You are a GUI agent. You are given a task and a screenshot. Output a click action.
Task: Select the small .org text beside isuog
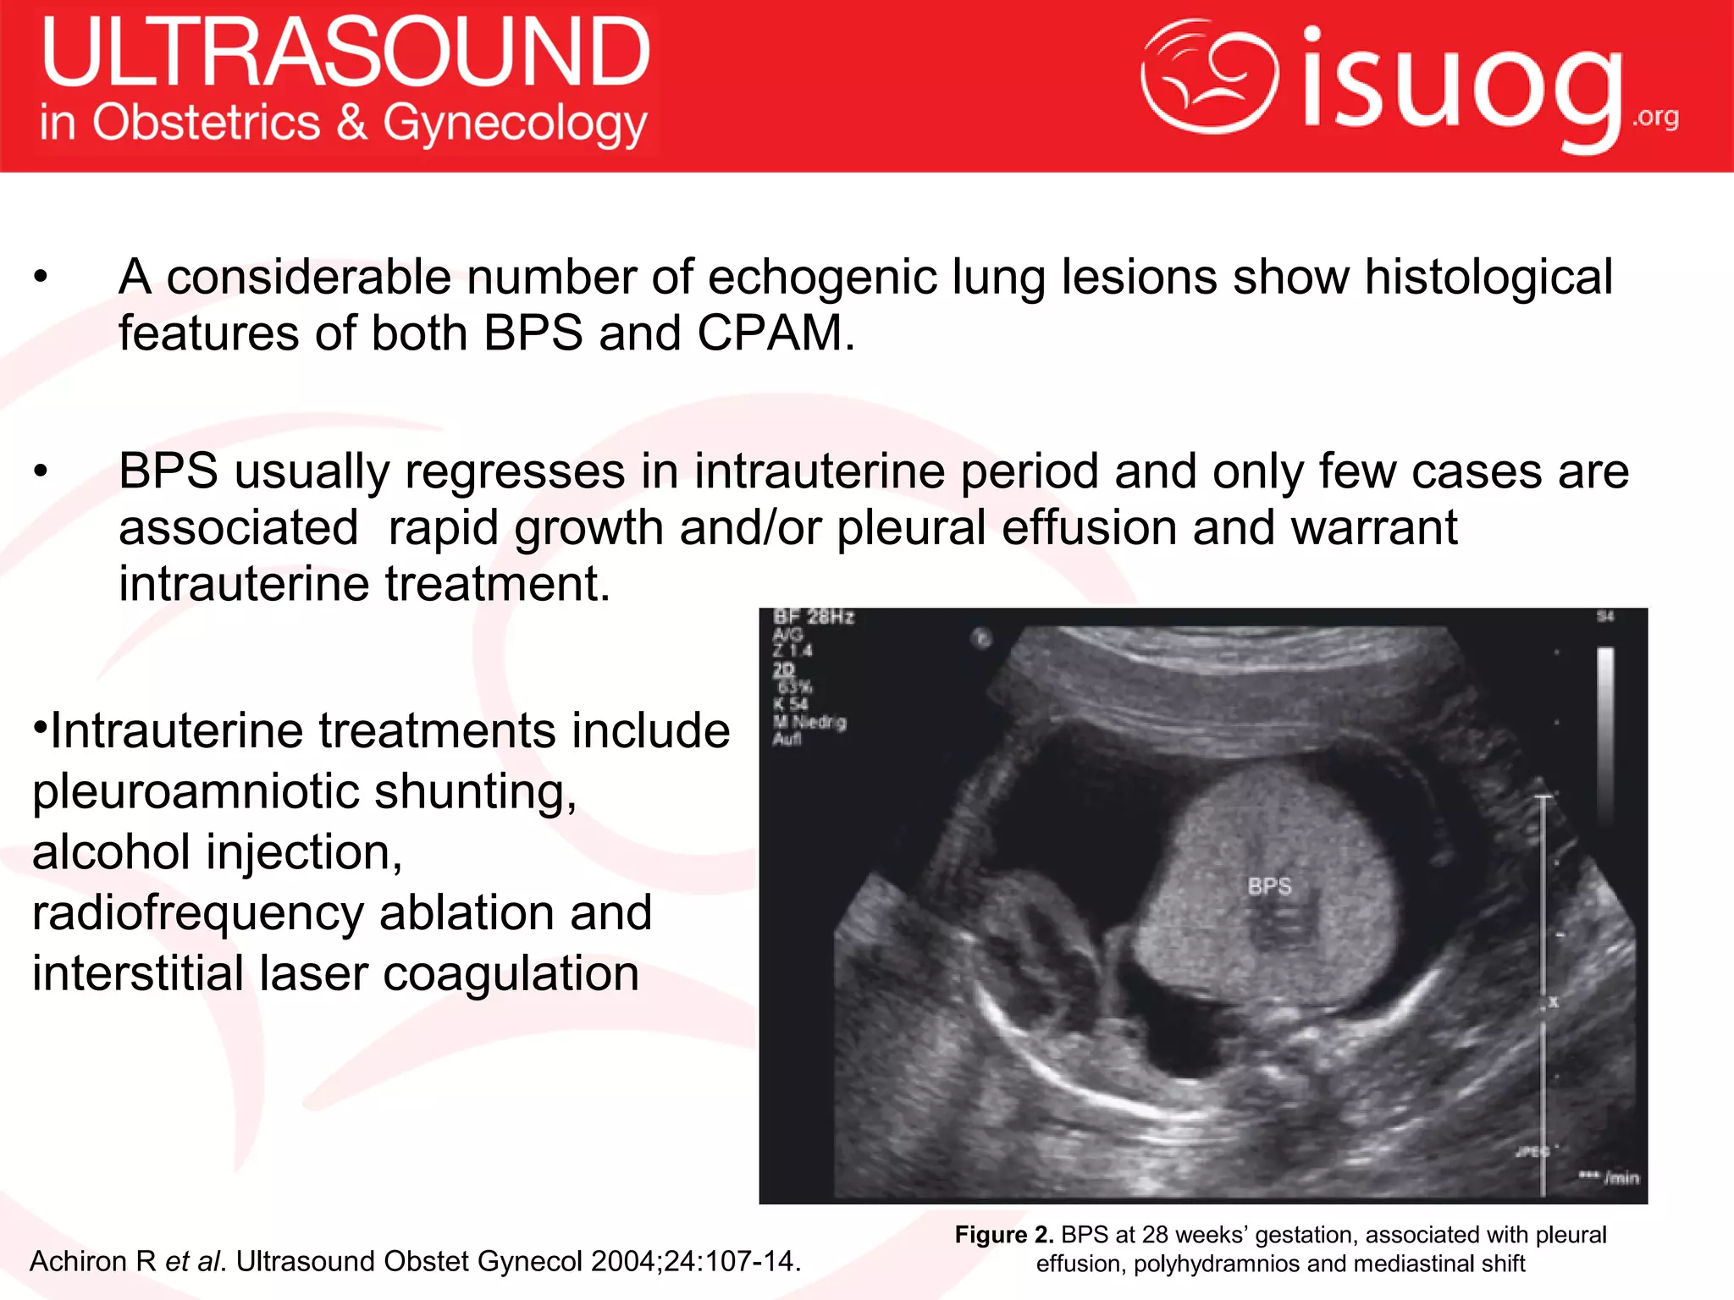pyautogui.click(x=1655, y=117)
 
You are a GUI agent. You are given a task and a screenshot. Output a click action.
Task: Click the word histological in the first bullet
pyautogui.click(x=1488, y=278)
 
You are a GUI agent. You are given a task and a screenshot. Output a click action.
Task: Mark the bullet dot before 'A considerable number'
pyautogui.click(x=41, y=278)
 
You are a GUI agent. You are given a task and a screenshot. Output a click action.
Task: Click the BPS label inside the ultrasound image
pyautogui.click(x=1269, y=886)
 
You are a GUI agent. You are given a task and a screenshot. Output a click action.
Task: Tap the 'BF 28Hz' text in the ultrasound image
pyautogui.click(x=813, y=617)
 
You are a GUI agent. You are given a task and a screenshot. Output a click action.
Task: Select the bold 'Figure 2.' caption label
pyautogui.click(x=1003, y=1235)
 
